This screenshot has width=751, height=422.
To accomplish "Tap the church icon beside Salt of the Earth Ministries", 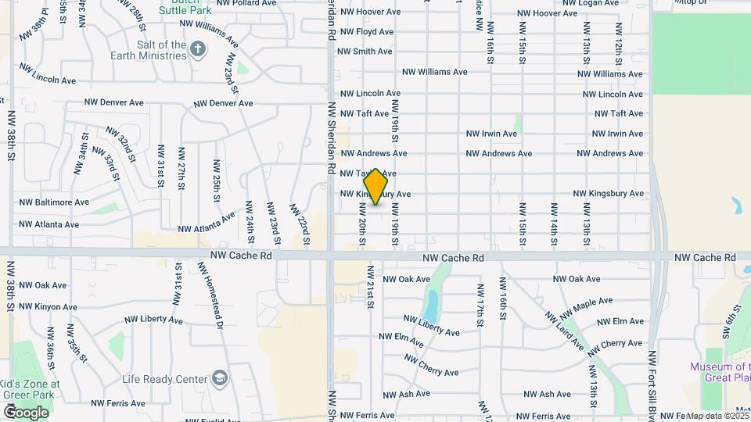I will tap(199, 50).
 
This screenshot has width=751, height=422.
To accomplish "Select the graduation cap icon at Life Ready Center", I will tap(221, 379).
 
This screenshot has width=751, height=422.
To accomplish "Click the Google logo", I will tap(26, 413).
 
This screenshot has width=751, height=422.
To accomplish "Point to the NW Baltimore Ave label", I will tap(54, 202).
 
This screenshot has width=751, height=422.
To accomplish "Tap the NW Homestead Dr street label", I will tap(210, 294).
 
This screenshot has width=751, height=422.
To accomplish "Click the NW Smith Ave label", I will tap(364, 52).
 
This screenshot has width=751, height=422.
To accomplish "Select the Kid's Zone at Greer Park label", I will tap(31, 389).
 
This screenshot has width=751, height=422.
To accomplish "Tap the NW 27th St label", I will tap(181, 164).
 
